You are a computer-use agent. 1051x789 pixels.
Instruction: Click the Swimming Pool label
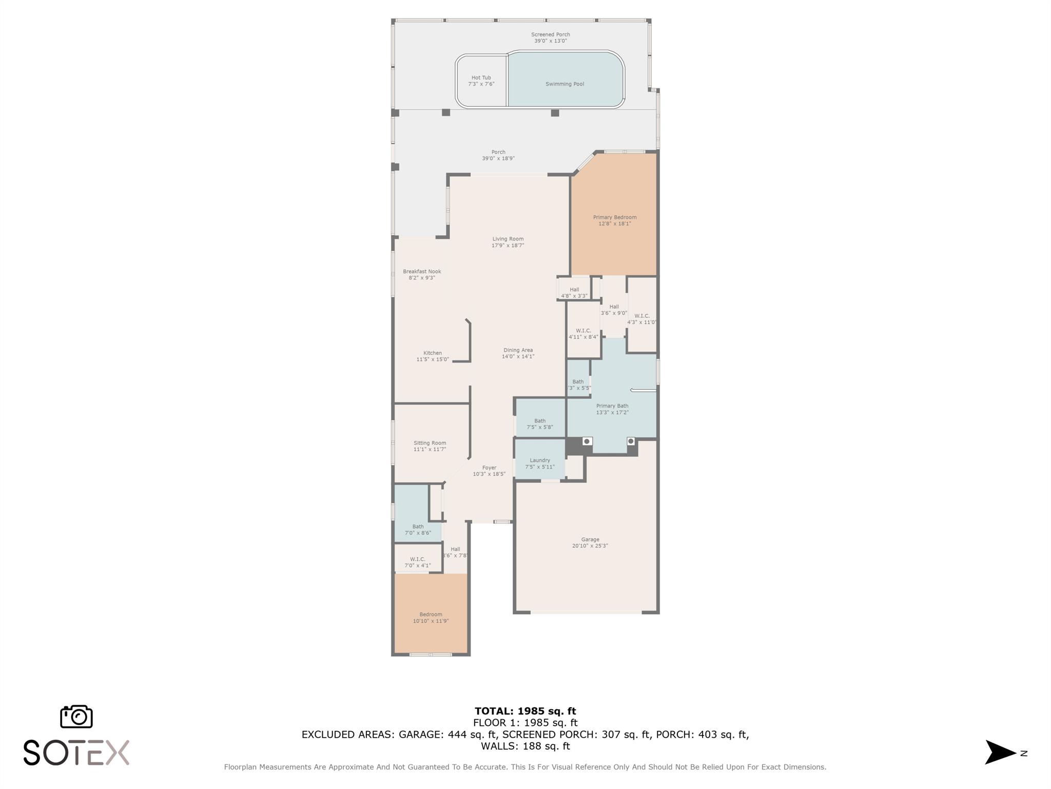coord(565,84)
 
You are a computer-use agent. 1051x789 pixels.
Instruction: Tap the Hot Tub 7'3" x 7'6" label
coord(481,81)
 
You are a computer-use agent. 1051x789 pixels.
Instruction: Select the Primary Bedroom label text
coord(614,220)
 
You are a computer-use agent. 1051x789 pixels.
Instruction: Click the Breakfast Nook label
coord(422,274)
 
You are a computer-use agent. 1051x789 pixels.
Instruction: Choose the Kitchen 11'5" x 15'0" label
coord(432,356)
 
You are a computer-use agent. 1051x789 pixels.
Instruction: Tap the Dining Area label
coord(518,353)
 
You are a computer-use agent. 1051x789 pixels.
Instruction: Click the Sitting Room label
coord(430,446)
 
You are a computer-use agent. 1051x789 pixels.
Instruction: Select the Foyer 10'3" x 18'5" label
coord(489,471)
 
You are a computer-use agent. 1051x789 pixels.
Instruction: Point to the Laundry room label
coord(539,463)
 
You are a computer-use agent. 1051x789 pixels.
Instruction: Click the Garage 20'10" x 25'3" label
coord(590,542)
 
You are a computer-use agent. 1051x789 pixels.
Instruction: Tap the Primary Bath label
coord(612,409)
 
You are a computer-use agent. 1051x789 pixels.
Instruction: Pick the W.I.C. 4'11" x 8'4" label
coord(583,334)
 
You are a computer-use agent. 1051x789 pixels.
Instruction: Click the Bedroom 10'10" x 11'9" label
coord(431,617)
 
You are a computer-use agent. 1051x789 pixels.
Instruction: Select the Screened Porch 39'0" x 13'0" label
coord(550,37)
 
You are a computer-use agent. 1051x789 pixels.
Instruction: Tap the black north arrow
coord(999,753)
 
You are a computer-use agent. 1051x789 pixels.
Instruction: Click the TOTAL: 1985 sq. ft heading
coord(525,711)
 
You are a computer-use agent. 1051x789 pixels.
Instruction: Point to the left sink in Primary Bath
coord(587,441)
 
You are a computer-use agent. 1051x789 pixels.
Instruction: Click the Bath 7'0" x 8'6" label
coord(418,530)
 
